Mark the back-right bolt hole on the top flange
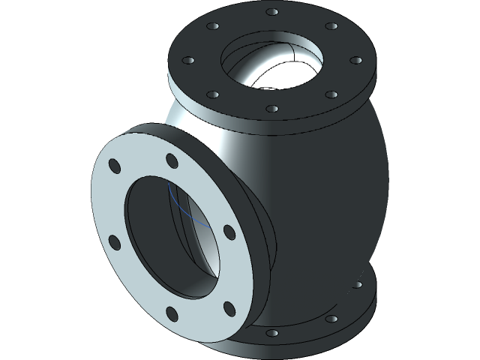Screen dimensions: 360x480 pyautogui.click(x=330, y=27)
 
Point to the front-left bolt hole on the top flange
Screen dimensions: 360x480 pyautogui.click(x=213, y=95)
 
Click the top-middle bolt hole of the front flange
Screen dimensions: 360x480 pyautogui.click(x=172, y=160)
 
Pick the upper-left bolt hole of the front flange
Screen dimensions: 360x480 pyautogui.click(x=114, y=166)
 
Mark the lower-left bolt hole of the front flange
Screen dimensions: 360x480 pyautogui.click(x=115, y=241)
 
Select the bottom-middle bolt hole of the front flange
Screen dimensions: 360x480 pyautogui.click(x=172, y=313)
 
